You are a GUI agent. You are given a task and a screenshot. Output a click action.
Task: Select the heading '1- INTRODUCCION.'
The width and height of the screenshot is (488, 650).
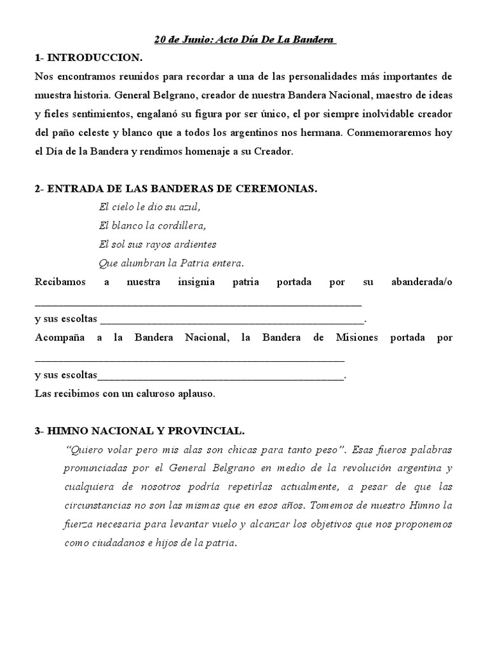click(88, 58)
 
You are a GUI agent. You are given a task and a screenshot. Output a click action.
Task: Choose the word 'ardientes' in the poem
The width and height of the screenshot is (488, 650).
click(196, 244)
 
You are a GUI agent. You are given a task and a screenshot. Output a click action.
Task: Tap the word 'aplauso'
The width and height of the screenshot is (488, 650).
click(197, 394)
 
